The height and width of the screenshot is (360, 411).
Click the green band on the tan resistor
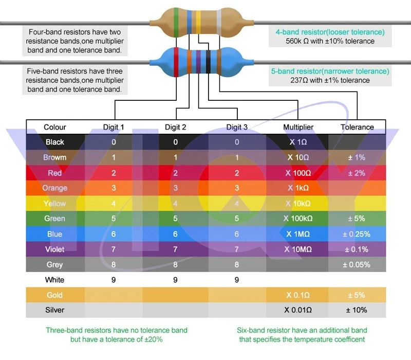(176, 23)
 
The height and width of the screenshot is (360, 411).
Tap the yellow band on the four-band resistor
(198, 22)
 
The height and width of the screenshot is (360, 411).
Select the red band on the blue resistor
(176, 62)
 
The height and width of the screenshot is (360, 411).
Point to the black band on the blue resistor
(208, 62)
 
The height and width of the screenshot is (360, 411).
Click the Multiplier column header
(298, 127)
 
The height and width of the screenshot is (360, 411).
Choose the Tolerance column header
(357, 127)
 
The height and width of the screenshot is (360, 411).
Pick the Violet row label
(54, 249)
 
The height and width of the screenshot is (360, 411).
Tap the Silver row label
(54, 310)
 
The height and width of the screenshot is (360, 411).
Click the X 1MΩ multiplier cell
(298, 234)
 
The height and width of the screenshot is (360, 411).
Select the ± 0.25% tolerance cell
(357, 234)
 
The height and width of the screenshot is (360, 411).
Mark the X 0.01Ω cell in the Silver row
(298, 310)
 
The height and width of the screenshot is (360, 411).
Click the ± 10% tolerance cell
(357, 310)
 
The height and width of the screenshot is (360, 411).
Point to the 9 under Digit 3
(237, 280)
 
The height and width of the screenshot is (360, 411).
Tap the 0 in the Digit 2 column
(175, 142)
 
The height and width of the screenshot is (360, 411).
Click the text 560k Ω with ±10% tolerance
(330, 41)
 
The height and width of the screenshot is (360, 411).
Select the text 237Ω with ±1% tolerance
(330, 80)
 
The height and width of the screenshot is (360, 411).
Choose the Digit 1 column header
(114, 127)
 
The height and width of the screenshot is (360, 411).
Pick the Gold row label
(54, 295)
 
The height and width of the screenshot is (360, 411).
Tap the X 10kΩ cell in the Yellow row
(298, 204)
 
